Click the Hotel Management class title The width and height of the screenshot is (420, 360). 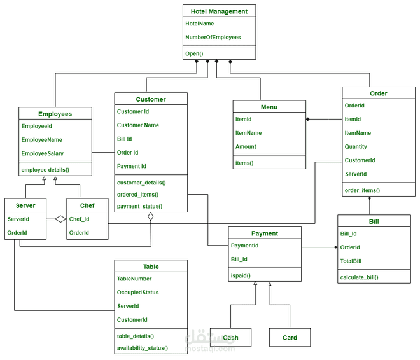pyautogui.click(x=219, y=11)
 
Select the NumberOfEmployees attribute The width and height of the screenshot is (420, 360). pyautogui.click(x=213, y=38)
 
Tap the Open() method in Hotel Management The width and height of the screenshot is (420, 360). pyautogui.click(x=194, y=53)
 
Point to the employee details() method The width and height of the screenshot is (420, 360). pyautogui.click(x=45, y=170)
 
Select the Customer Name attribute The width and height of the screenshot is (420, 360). pyautogui.click(x=138, y=125)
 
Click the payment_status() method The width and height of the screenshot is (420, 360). pyautogui.click(x=139, y=206)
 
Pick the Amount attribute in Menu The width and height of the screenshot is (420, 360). pyautogui.click(x=246, y=146)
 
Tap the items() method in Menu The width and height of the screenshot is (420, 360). pyautogui.click(x=244, y=163)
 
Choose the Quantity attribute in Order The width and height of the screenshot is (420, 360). pyautogui.click(x=356, y=146)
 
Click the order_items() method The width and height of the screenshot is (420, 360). pyautogui.click(x=362, y=190)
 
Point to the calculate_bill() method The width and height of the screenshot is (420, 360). pyautogui.click(x=359, y=277)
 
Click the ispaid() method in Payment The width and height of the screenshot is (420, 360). pyautogui.click(x=241, y=275)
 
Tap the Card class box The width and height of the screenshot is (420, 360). pyautogui.click(x=290, y=337)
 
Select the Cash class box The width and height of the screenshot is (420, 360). pyautogui.click(x=230, y=337)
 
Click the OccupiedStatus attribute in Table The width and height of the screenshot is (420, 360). pyautogui.click(x=138, y=293)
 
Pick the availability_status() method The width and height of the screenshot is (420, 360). pyautogui.click(x=143, y=348)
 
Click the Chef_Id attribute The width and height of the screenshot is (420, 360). pyautogui.click(x=80, y=219)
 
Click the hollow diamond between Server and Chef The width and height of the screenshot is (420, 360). pyautogui.click(x=60, y=219)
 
